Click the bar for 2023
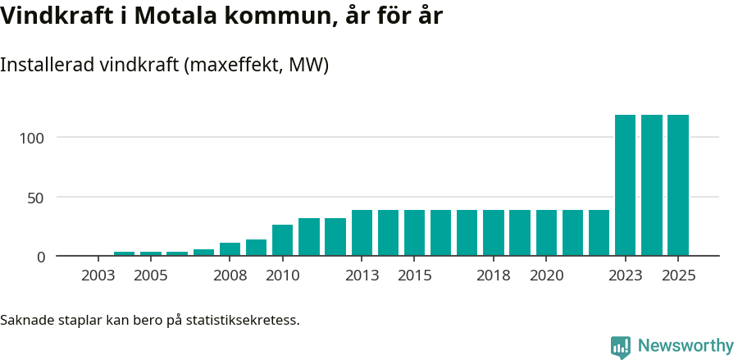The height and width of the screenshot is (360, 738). pyautogui.click(x=625, y=185)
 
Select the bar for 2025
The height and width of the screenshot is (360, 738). pyautogui.click(x=678, y=185)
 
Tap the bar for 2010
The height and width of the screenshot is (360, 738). pyautogui.click(x=282, y=240)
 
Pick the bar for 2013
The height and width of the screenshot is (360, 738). pyautogui.click(x=362, y=233)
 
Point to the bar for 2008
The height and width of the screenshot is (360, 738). pyautogui.click(x=230, y=249)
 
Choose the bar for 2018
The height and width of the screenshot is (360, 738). pyautogui.click(x=494, y=233)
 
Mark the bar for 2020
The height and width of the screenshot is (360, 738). pyautogui.click(x=546, y=233)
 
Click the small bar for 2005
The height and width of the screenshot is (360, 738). pyautogui.click(x=151, y=253)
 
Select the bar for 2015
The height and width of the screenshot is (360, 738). pyautogui.click(x=414, y=233)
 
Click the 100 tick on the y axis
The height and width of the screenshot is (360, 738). pyautogui.click(x=33, y=137)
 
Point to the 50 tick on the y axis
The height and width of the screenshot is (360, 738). pyautogui.click(x=37, y=197)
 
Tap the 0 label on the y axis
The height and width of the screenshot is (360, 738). pyautogui.click(x=41, y=257)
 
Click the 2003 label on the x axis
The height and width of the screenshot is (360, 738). pyautogui.click(x=98, y=276)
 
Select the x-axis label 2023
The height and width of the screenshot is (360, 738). pyautogui.click(x=625, y=276)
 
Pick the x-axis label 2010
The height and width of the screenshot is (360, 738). pyautogui.click(x=282, y=276)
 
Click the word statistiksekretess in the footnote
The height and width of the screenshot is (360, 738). pyautogui.click(x=242, y=319)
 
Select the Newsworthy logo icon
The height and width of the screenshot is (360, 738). pyautogui.click(x=621, y=347)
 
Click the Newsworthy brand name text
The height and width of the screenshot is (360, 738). pyautogui.click(x=686, y=346)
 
